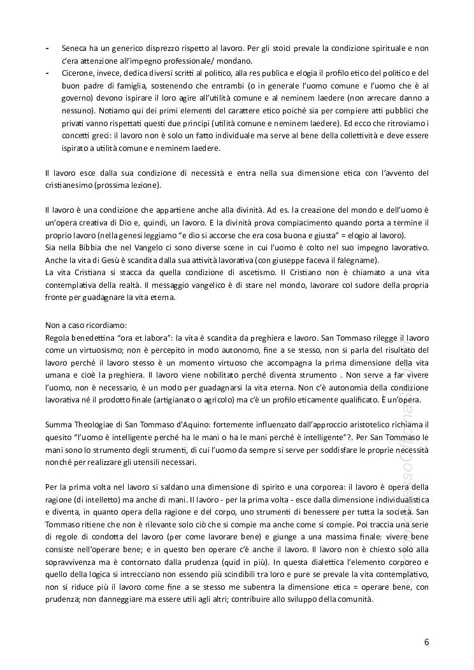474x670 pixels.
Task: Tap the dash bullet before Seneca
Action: pos(47,48)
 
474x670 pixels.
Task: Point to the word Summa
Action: pos(59,424)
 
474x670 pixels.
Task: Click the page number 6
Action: pos(426,642)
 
